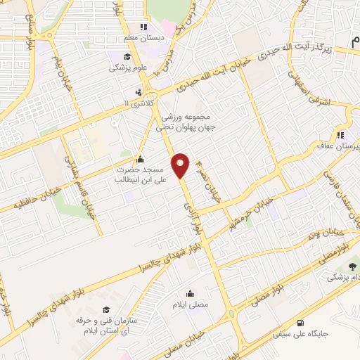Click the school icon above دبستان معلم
click(x=143, y=27)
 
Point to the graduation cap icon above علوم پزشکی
click(x=126, y=58)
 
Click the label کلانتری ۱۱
click(x=138, y=103)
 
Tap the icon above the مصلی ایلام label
click(x=190, y=293)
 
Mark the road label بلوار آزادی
click(x=192, y=211)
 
